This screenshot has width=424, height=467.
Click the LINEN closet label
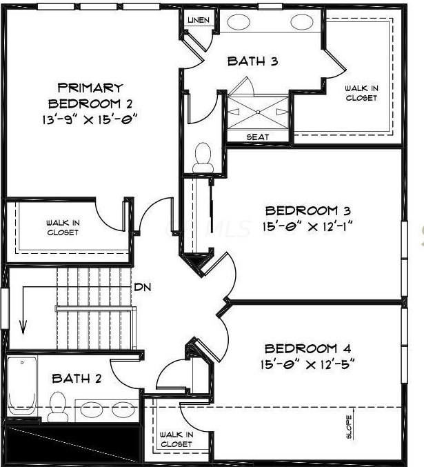pos(199,20)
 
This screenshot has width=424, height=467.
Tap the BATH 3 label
pos(252,61)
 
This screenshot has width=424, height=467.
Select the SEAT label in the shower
pos(258,137)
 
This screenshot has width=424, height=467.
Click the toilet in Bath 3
pos(203,158)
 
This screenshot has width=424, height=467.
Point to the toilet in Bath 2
pos(57,406)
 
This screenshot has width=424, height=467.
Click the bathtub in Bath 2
pos(22,386)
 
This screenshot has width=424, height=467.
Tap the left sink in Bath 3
pos(239,22)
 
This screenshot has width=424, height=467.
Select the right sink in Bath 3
pos(301,22)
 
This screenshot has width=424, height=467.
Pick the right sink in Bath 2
pos(123,409)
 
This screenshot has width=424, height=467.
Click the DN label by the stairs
pos(143,287)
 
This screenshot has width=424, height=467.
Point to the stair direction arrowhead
pos(23,327)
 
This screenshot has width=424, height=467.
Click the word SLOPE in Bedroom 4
pos(349,427)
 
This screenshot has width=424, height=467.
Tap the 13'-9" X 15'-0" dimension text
pos(90,120)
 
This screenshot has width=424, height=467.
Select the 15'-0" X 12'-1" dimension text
pos(307,227)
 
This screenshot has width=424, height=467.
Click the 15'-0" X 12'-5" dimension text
pos(307,364)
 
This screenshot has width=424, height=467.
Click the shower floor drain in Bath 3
pos(258,112)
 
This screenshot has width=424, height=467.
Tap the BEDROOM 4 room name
pos(307,348)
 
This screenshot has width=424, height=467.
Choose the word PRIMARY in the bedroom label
pos(90,88)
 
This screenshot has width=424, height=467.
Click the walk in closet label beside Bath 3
pos(361,93)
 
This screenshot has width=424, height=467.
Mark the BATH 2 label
pos(77,379)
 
